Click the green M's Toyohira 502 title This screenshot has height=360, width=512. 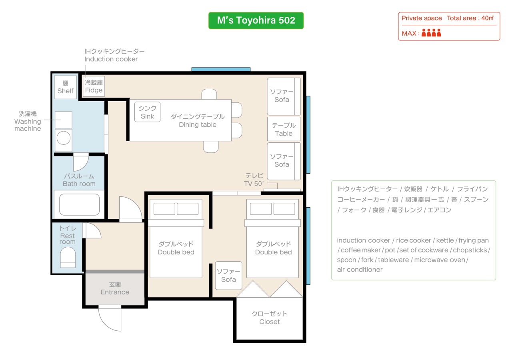(x=256, y=20)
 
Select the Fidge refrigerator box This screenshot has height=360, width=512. (x=94, y=86)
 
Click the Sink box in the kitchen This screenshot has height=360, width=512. (x=147, y=112)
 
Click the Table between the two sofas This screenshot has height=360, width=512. (x=284, y=129)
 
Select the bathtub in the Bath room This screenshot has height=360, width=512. (x=79, y=204)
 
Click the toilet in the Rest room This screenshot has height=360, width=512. (x=68, y=257)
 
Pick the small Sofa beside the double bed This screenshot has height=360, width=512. (x=228, y=276)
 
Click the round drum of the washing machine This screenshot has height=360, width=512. (x=64, y=138)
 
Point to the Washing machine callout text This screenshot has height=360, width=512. (x=28, y=121)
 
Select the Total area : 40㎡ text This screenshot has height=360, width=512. (x=470, y=18)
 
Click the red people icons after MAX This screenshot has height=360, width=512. (x=431, y=33)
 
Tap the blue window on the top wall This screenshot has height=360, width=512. (x=221, y=69)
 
